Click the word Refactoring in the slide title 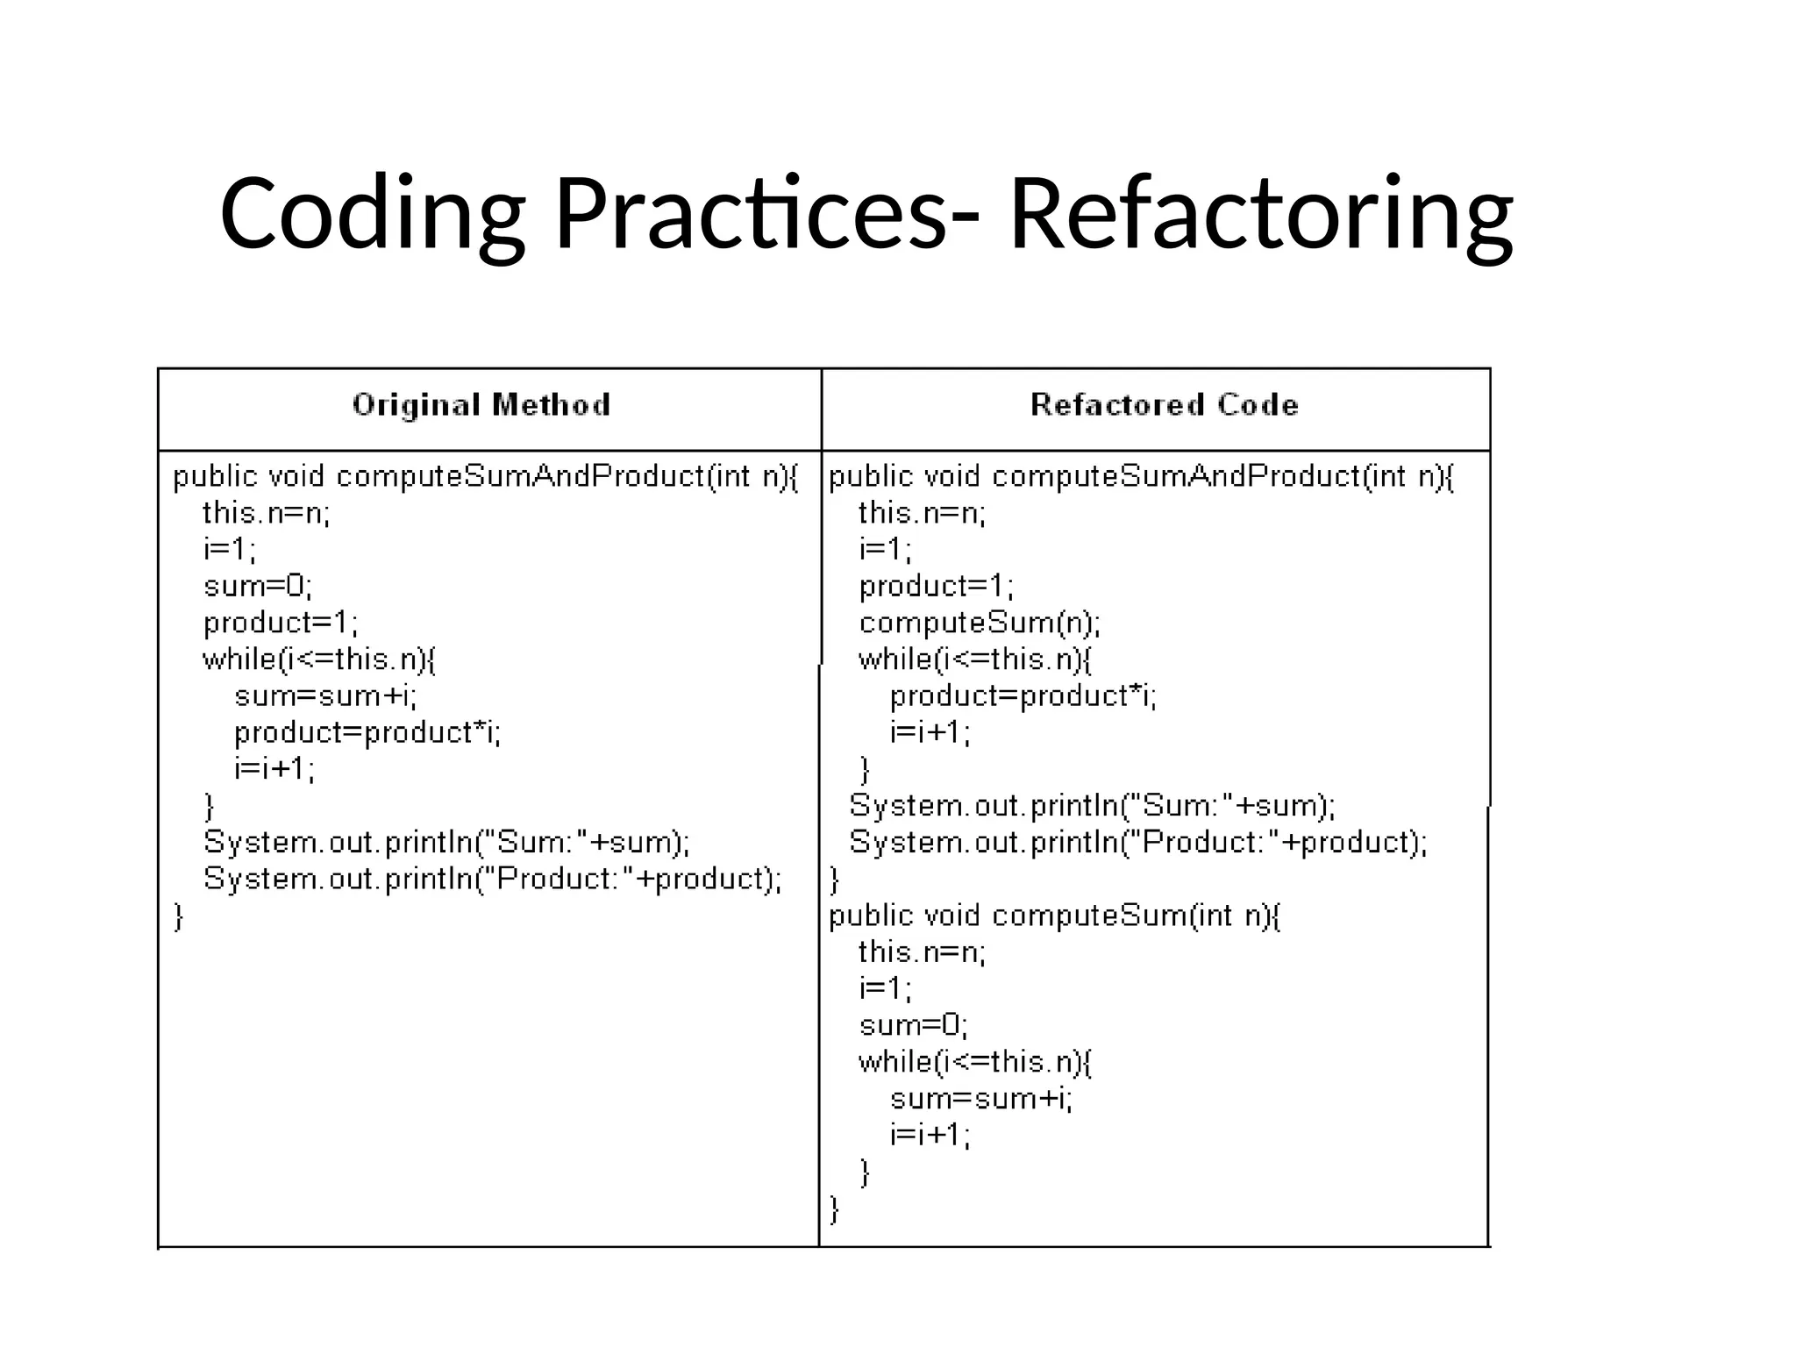(x=1261, y=215)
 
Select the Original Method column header (x=481, y=405)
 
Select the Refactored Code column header (x=1164, y=405)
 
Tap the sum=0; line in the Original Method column (x=258, y=586)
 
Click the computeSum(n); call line (x=980, y=623)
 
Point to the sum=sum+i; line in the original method (x=326, y=696)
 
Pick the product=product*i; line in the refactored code (x=1023, y=696)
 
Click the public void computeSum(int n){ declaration (x=1054, y=916)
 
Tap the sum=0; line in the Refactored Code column (x=914, y=1025)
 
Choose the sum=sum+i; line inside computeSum (x=981, y=1099)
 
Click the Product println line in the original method (x=492, y=879)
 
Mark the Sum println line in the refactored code (x=1093, y=806)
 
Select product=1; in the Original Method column (x=281, y=623)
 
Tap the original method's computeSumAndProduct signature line (x=486, y=477)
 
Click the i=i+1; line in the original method (x=274, y=769)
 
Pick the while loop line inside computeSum (x=975, y=1062)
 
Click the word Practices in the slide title (x=750, y=215)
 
